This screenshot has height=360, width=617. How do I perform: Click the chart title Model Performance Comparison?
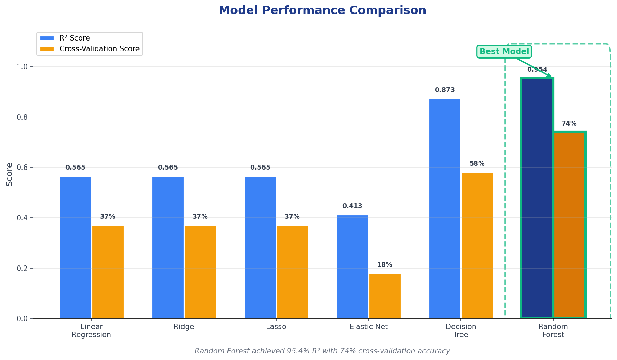(x=322, y=10)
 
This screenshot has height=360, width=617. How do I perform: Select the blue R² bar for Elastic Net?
(x=352, y=267)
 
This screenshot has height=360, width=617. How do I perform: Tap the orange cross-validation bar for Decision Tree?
(x=477, y=246)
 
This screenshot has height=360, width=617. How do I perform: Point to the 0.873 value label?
(x=445, y=90)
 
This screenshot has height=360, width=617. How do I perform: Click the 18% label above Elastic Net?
(x=384, y=265)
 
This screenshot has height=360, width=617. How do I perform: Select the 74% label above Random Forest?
(x=569, y=124)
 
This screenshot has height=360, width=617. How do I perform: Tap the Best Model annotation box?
(x=504, y=52)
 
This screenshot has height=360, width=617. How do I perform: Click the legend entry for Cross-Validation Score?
(x=99, y=49)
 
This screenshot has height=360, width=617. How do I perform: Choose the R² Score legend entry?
(x=74, y=38)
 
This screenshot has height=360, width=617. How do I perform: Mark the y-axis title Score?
(x=9, y=174)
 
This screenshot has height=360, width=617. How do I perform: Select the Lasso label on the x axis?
(x=276, y=327)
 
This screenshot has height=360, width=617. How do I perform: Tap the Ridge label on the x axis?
(x=184, y=327)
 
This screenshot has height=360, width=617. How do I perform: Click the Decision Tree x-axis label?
(x=460, y=331)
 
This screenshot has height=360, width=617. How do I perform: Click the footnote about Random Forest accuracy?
(x=322, y=351)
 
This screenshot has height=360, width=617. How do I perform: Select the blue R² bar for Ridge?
(x=168, y=247)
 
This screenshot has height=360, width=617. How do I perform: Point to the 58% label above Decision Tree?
(x=477, y=164)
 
